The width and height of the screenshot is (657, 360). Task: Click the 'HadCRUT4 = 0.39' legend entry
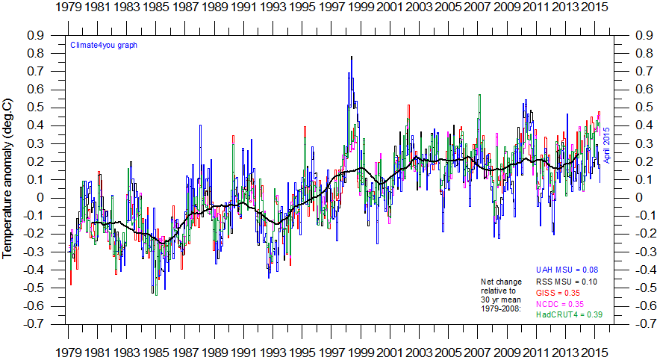570,315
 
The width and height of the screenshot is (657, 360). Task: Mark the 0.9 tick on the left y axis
34,35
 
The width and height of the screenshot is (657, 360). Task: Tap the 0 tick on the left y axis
40,198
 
